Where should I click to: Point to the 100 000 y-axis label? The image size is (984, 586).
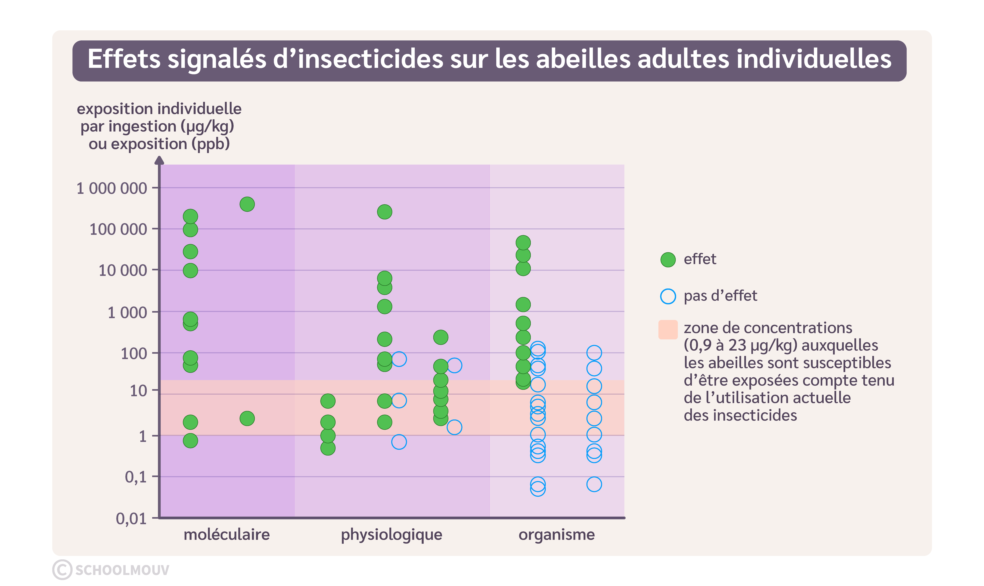pos(118,229)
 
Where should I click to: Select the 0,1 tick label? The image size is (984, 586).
pos(135,477)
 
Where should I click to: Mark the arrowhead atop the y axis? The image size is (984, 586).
pos(159,160)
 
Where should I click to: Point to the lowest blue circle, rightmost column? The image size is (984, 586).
pos(594,484)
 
